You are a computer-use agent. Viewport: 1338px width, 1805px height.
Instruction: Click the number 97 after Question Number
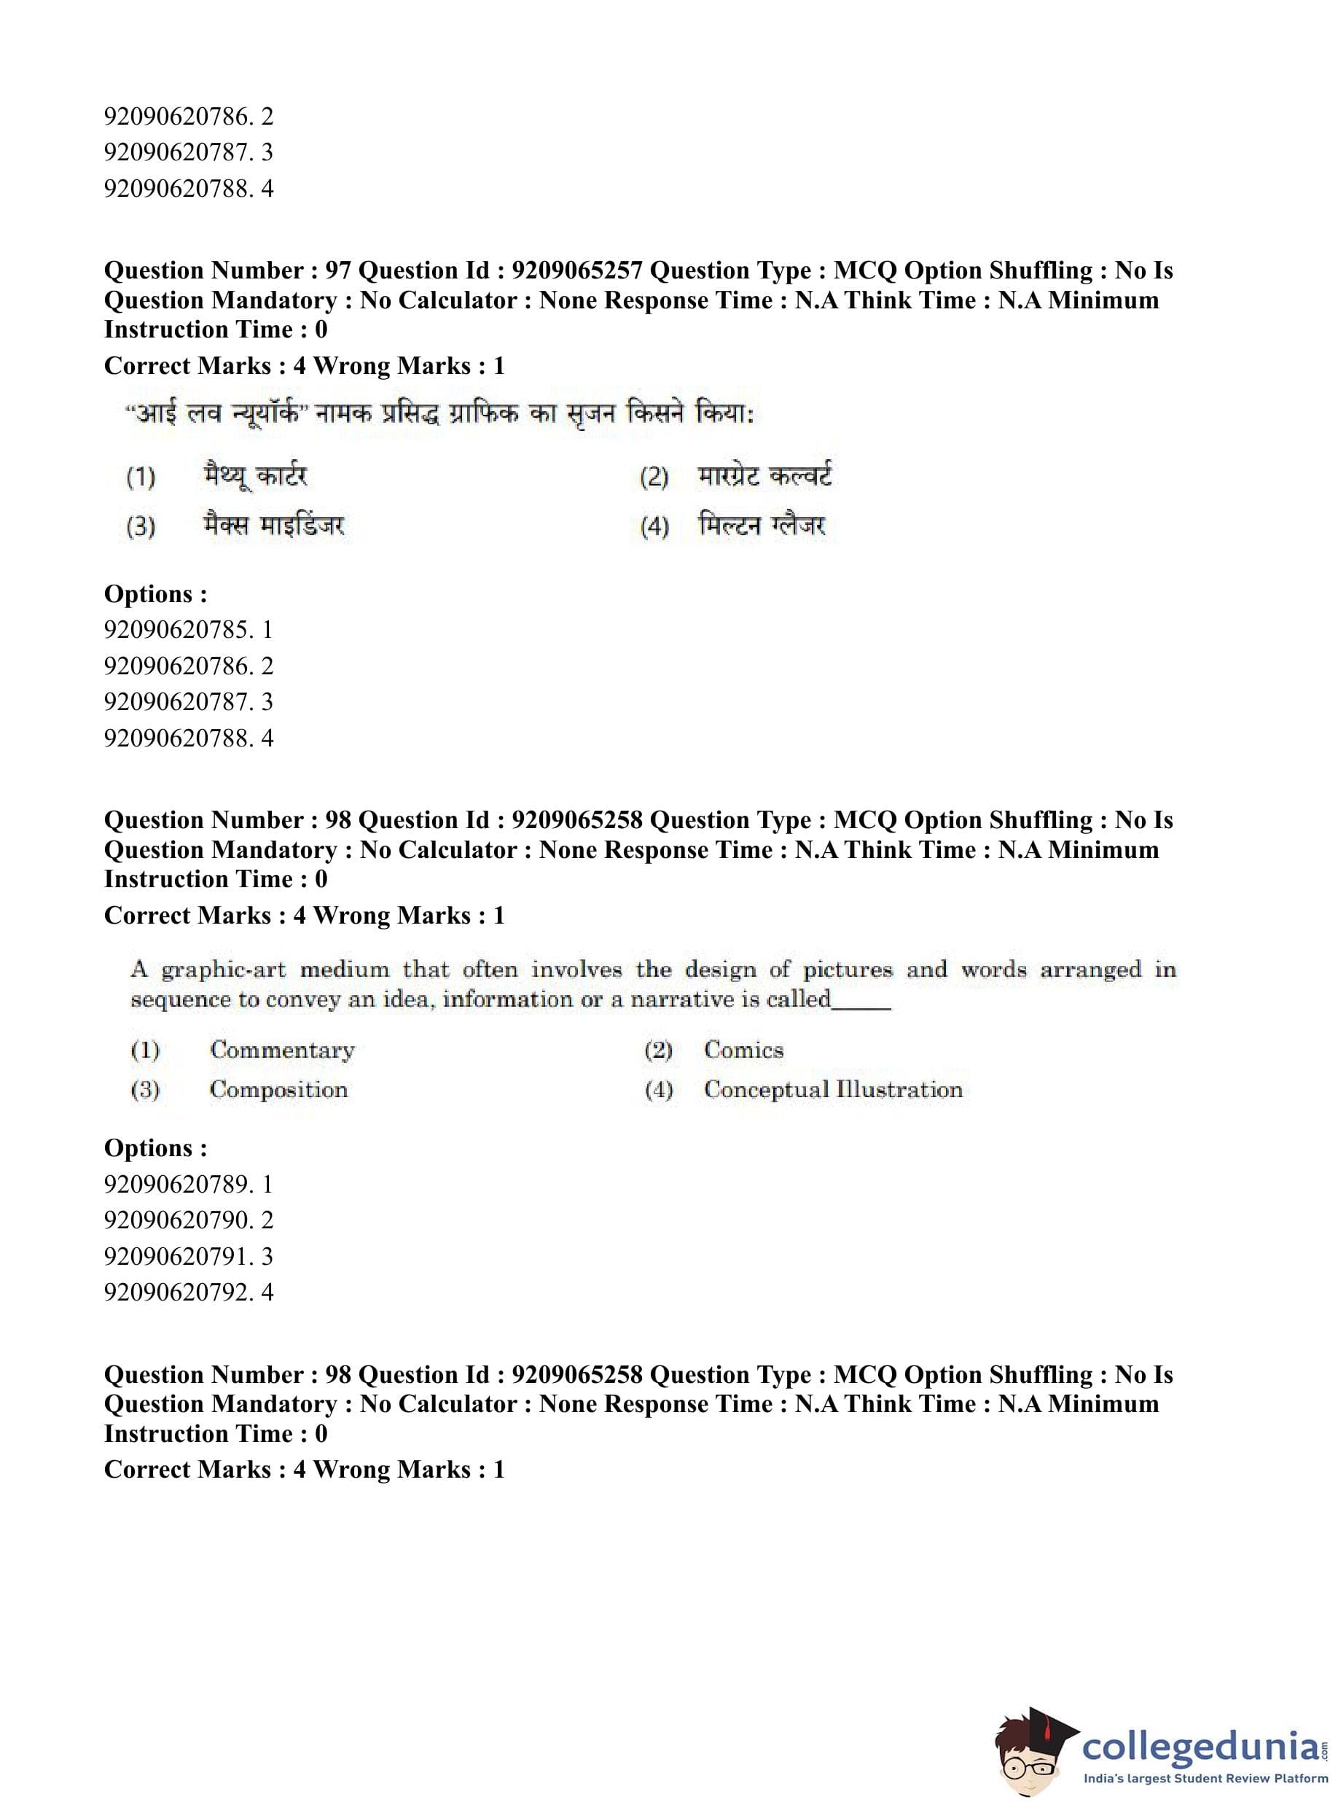pos(337,270)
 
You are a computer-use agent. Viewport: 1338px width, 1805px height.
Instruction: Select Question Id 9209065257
pos(576,270)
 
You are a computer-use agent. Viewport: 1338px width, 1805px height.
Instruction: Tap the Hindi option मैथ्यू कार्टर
pos(255,475)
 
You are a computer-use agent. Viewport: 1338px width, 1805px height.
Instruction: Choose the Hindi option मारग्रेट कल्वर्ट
pos(764,475)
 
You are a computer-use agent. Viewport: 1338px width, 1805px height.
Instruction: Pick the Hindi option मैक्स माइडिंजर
pos(274,526)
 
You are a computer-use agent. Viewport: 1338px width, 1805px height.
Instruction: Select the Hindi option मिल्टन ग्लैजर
pos(762,526)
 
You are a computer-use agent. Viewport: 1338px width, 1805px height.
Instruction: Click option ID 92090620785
pos(177,629)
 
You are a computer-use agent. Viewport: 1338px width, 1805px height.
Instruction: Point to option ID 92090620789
pos(177,1185)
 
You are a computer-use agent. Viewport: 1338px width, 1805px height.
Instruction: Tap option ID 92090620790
pos(177,1220)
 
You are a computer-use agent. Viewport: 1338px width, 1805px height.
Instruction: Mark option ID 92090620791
pos(177,1257)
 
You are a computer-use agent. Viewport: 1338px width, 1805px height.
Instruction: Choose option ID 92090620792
pos(177,1293)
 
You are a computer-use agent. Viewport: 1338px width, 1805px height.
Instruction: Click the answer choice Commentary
pos(282,1050)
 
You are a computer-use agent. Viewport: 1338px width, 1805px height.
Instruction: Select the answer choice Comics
pos(743,1050)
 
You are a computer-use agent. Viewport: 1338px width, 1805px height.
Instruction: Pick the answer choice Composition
pos(278,1090)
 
